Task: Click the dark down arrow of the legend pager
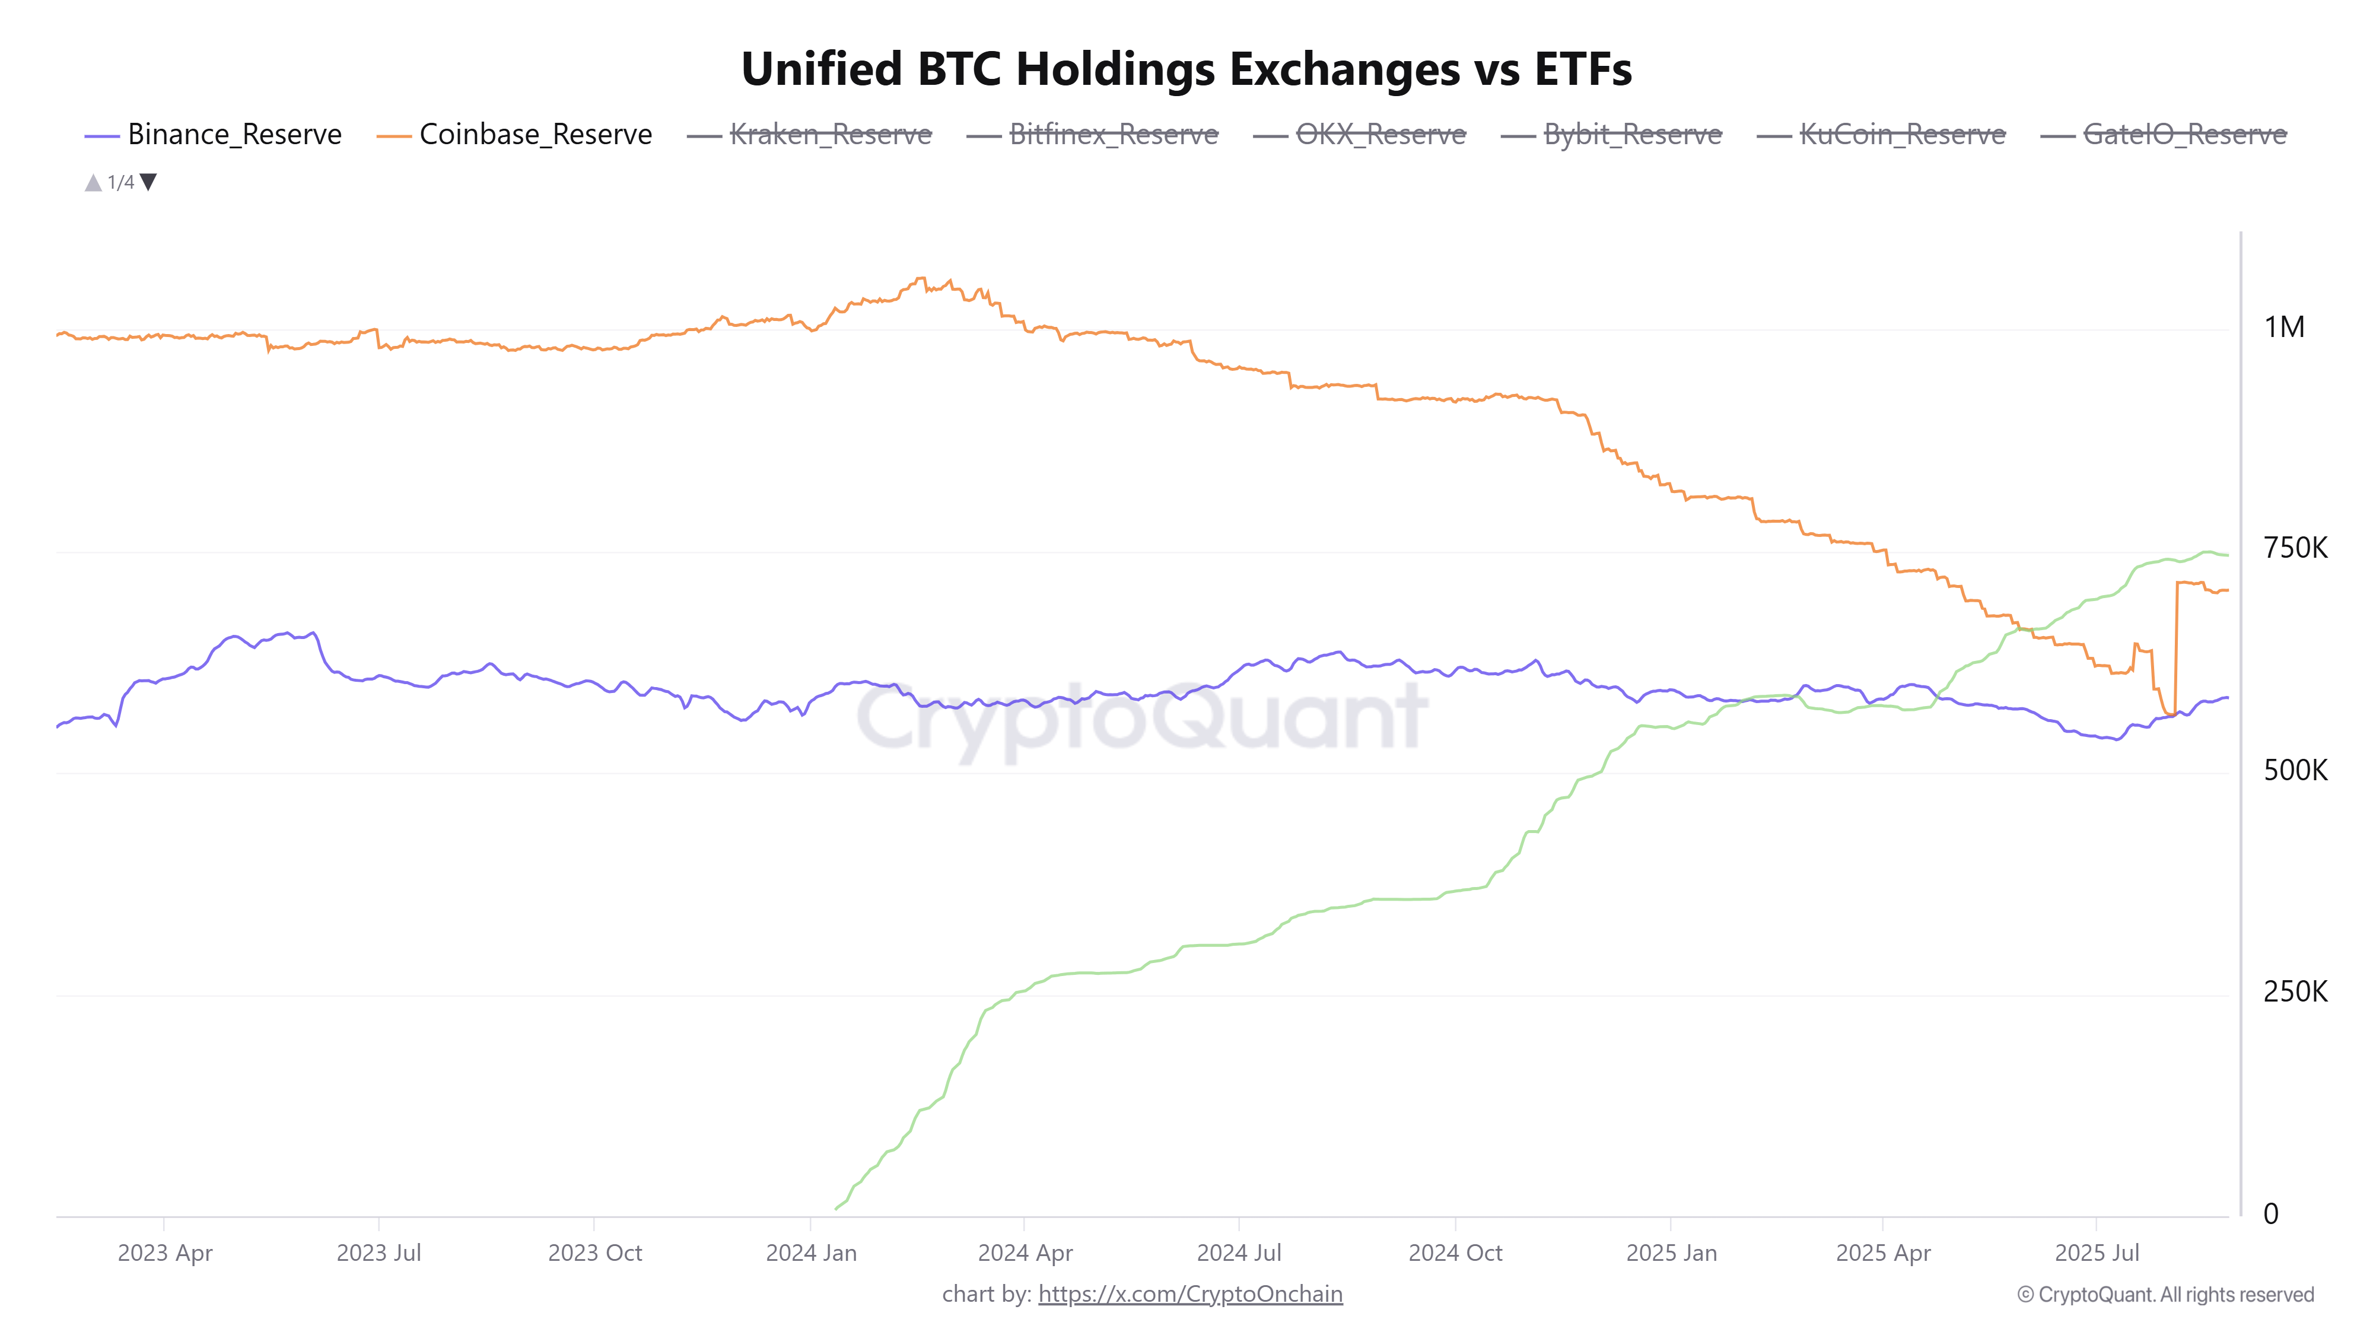tap(148, 182)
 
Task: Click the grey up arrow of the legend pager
tap(93, 182)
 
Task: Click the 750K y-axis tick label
tap(2295, 548)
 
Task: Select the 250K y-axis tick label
tap(2295, 992)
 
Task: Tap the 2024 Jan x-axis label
tap(810, 1253)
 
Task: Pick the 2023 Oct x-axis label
tap(594, 1253)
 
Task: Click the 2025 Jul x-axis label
tap(2097, 1253)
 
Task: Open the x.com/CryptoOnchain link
tap(1189, 1295)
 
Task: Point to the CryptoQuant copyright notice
tap(2165, 1295)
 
